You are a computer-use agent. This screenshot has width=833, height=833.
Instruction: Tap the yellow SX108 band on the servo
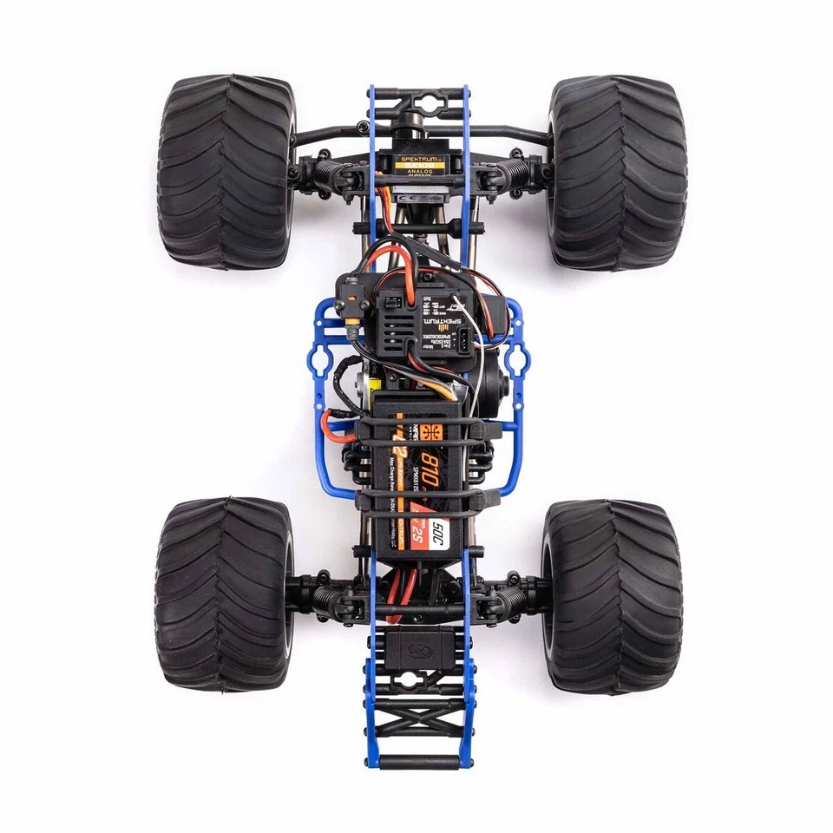pos(418,166)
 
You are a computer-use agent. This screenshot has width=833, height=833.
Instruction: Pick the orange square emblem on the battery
pos(432,430)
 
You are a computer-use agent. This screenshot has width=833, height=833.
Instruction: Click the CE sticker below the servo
pos(416,197)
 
